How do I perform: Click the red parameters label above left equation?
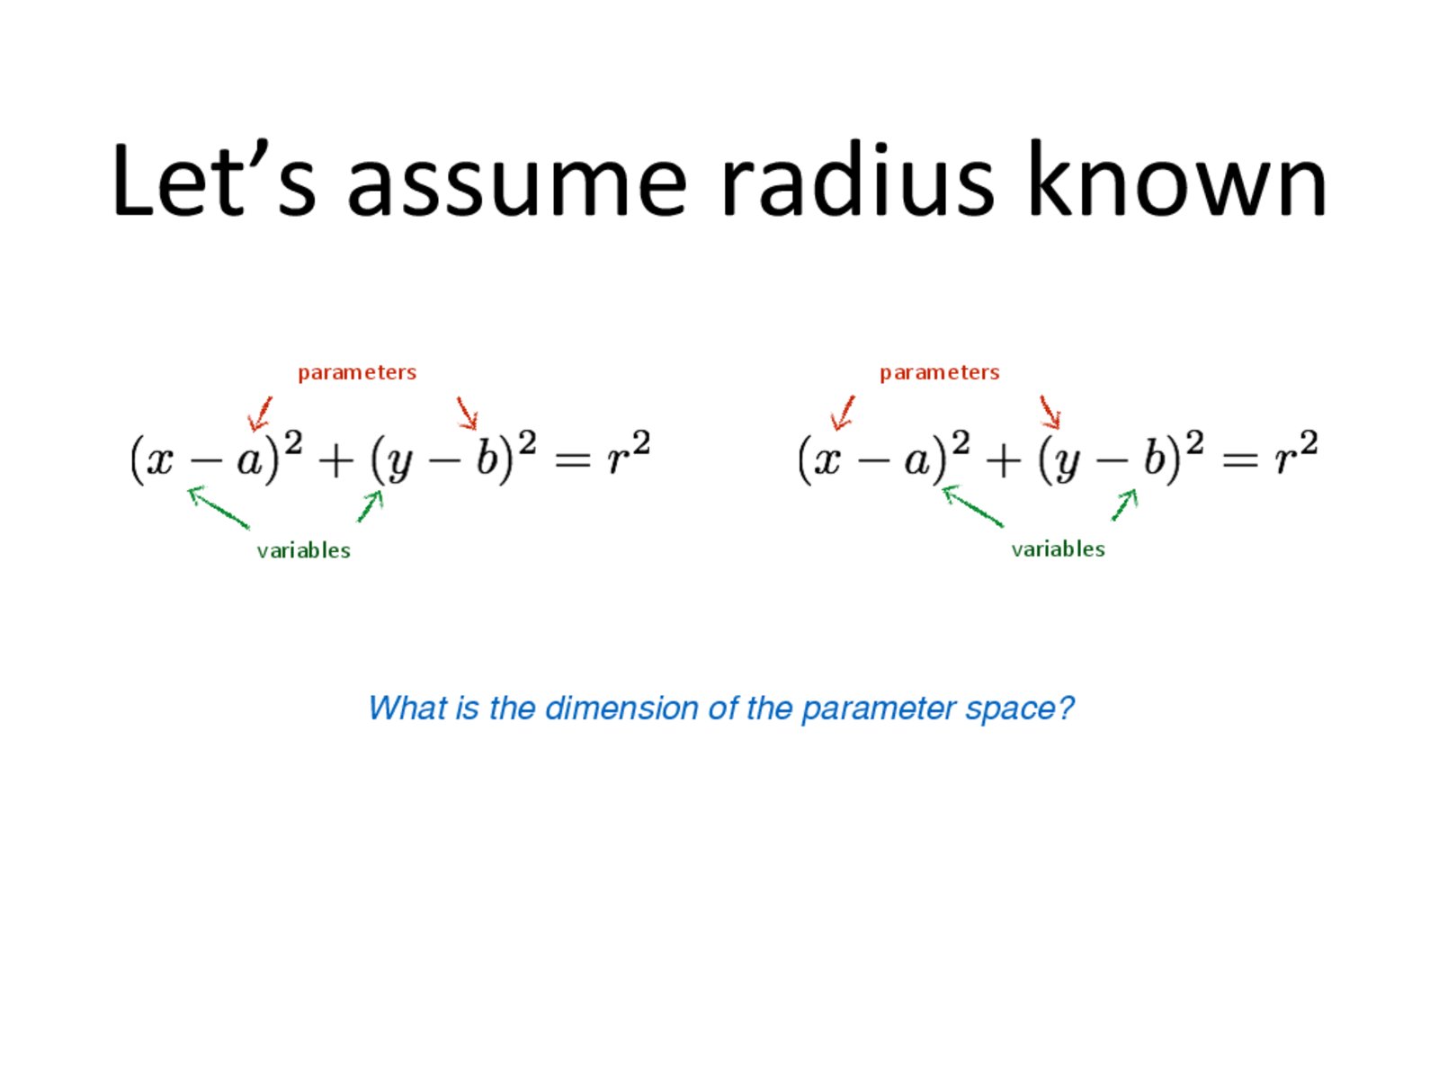pos(357,373)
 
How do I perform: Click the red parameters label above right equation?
pos(939,373)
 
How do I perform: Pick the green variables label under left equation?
pos(303,549)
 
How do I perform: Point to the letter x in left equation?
pos(160,461)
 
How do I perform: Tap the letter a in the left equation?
pos(249,461)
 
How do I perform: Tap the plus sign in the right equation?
pos(1003,461)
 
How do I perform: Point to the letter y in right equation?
pos(1068,465)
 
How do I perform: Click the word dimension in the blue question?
pos(621,709)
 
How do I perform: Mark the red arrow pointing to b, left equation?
pos(467,413)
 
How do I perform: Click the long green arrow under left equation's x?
pos(219,506)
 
